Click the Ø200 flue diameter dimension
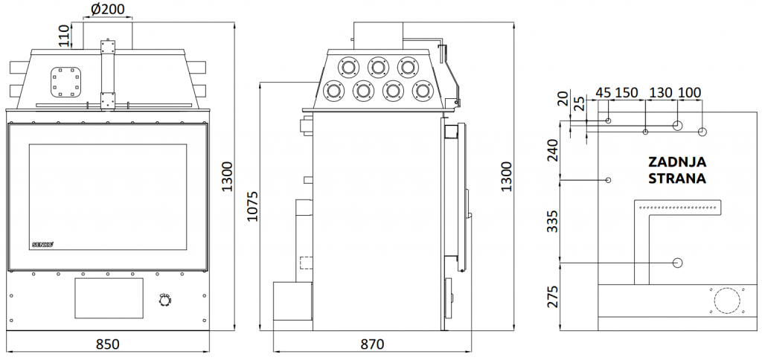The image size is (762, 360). tap(107, 9)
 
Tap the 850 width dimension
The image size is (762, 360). tap(107, 344)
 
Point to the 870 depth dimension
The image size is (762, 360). tap(372, 344)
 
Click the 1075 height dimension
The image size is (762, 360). tap(253, 206)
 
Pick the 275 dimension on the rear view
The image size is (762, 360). tap(554, 296)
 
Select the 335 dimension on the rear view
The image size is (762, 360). tap(554, 221)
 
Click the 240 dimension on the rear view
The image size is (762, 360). tap(554, 151)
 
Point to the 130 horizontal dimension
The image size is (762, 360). tap(661, 92)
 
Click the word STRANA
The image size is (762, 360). tap(677, 179)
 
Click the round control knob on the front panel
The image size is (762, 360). tap(165, 300)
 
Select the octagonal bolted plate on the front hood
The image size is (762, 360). tap(65, 82)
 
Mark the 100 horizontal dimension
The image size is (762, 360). tap(690, 92)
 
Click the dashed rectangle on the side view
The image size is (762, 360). tap(305, 263)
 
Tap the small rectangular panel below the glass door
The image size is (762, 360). tap(109, 298)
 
